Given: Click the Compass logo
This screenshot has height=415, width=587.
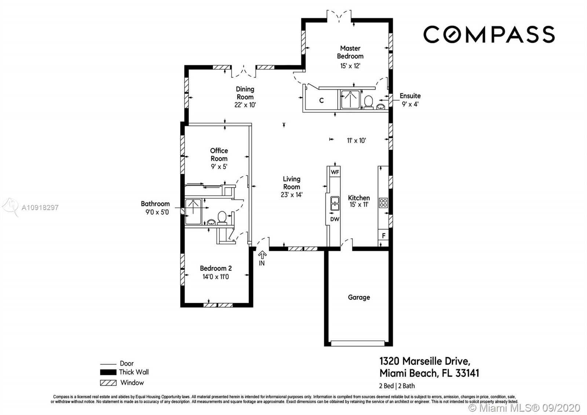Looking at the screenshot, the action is (489, 35).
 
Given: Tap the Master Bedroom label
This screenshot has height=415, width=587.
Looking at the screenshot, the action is (350, 52).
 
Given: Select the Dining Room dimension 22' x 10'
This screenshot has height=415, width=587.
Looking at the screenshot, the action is (245, 105).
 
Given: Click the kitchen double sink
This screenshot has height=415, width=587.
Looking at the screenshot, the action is (335, 203).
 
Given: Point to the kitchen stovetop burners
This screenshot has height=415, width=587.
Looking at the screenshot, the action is (383, 203).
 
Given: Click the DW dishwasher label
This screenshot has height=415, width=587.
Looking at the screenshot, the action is (335, 219).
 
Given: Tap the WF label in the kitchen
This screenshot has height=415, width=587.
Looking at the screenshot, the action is (335, 172).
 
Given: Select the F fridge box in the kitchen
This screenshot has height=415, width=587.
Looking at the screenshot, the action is (383, 235).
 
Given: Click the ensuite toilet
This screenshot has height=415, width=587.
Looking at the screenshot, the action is (368, 102).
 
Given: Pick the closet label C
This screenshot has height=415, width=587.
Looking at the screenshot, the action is (321, 101).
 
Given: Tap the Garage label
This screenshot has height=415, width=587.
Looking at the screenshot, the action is (359, 297).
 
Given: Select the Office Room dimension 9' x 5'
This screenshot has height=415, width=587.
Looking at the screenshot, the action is (219, 167).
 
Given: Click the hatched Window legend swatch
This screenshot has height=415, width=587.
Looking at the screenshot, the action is (108, 383).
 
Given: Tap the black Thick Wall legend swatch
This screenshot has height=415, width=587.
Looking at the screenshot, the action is (108, 372).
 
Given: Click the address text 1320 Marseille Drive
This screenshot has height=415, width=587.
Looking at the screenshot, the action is (425, 361).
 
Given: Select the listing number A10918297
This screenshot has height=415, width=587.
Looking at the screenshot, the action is (40, 207).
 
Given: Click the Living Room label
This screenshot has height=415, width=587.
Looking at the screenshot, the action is (291, 183).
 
